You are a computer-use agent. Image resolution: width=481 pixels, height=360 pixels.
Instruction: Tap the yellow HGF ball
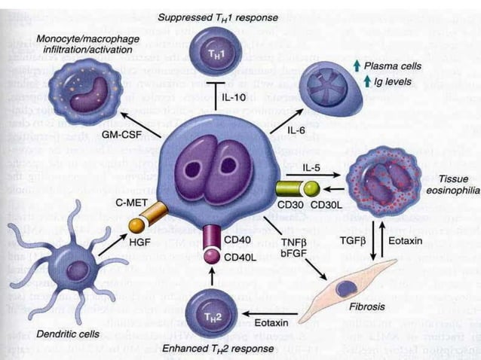(x=136, y=224)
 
